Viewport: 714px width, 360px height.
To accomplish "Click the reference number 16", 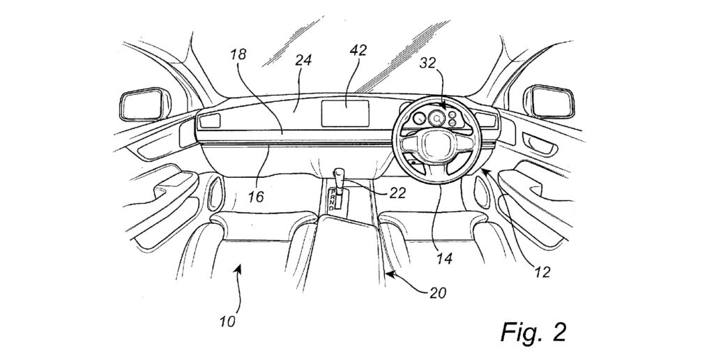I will coord(255,197).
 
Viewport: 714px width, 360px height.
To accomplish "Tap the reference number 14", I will coord(444,259).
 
